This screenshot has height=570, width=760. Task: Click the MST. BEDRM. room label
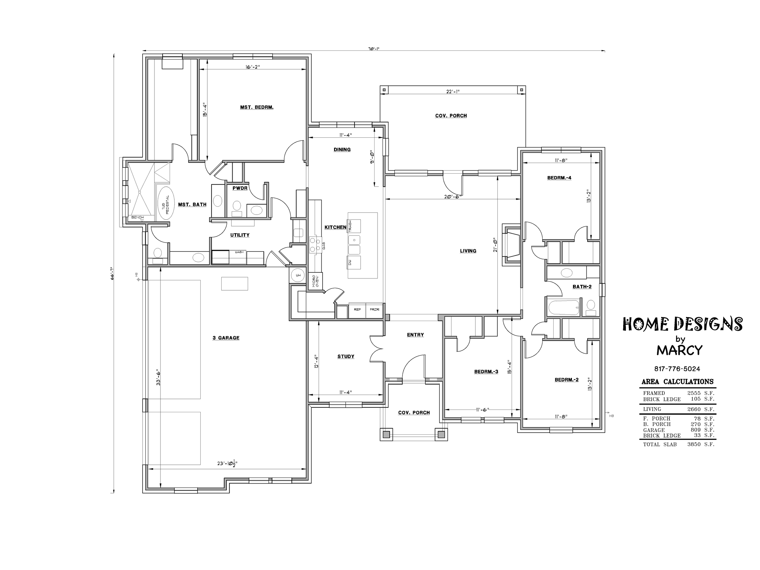point(257,107)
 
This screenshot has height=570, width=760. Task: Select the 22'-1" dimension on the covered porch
point(453,92)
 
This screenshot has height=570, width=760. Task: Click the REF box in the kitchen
point(357,310)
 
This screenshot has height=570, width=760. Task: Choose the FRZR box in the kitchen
point(374,310)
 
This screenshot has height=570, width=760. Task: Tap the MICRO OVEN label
point(316,281)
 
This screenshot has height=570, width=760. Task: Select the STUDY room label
point(346,356)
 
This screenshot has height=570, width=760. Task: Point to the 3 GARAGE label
point(226,338)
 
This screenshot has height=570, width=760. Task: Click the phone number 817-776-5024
point(677,369)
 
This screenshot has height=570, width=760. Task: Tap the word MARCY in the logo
point(680,350)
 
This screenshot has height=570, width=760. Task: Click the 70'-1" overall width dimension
point(374,49)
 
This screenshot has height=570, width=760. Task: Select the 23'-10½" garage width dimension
point(227,463)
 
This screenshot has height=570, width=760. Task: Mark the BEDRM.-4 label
point(559,178)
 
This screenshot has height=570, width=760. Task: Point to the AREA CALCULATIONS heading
point(678,382)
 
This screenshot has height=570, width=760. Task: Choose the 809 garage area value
point(696,430)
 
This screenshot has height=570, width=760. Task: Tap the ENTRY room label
point(415,335)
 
